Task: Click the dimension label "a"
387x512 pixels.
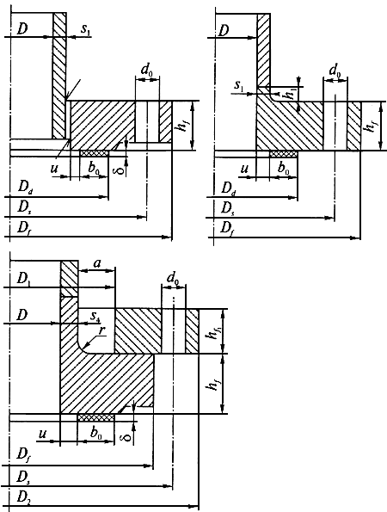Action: click(97, 263)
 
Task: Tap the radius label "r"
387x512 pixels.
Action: click(102, 330)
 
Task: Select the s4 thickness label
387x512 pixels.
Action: click(95, 317)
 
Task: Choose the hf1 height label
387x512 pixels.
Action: click(213, 330)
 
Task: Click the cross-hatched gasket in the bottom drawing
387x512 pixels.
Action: click(95, 417)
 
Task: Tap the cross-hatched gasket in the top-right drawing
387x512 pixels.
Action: click(284, 153)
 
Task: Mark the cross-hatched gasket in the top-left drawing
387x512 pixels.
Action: click(95, 153)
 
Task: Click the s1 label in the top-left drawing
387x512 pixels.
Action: click(85, 29)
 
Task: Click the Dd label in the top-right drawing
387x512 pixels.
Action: click(229, 188)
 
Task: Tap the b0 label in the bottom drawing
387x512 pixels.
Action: click(96, 434)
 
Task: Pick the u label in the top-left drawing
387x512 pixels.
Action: click(54, 169)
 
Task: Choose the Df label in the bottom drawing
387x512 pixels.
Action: click(23, 455)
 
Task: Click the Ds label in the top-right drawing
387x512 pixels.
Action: click(228, 207)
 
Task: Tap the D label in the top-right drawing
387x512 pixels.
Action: click(224, 31)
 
